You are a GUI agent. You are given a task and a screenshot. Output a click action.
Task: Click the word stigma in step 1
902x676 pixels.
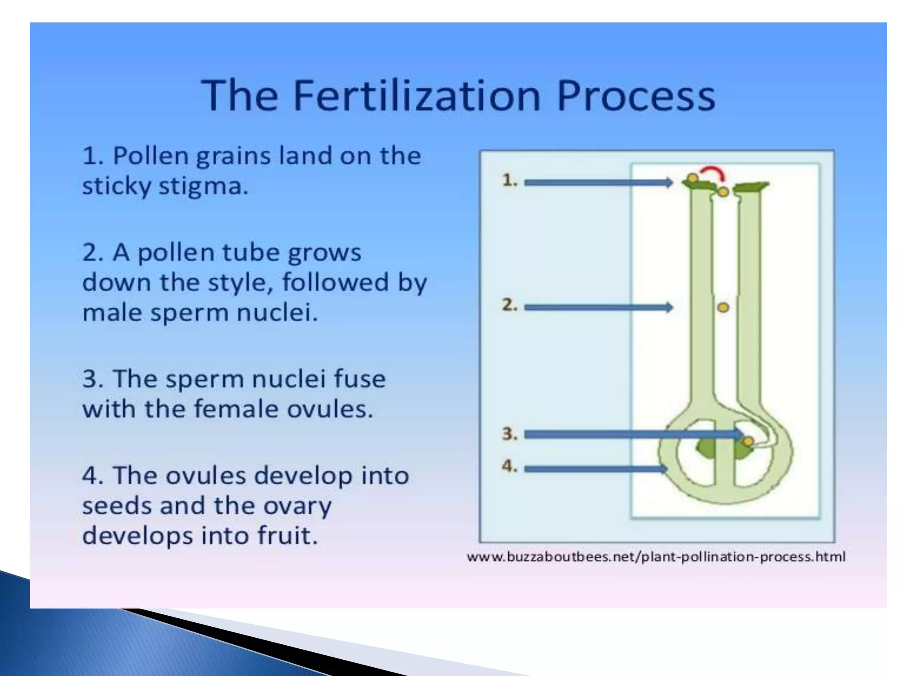(203, 187)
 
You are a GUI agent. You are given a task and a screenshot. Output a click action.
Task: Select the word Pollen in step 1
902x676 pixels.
(151, 156)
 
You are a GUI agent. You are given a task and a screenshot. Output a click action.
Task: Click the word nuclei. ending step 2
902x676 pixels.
(277, 313)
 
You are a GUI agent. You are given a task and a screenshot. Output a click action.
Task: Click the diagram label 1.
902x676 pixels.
(510, 180)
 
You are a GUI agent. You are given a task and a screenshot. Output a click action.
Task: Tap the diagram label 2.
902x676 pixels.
(510, 305)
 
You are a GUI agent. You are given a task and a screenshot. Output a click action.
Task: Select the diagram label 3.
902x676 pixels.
(510, 434)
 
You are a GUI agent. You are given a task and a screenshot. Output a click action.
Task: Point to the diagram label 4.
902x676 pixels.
(510, 466)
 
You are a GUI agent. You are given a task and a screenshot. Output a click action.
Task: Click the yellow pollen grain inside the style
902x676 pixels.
(723, 307)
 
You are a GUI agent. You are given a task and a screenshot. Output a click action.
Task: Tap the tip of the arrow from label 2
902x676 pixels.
(671, 307)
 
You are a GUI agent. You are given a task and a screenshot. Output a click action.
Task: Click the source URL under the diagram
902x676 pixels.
(656, 557)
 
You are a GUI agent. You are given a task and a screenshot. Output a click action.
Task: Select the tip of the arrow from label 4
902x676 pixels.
(666, 469)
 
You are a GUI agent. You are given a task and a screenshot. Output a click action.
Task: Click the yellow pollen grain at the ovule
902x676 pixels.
(748, 441)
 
